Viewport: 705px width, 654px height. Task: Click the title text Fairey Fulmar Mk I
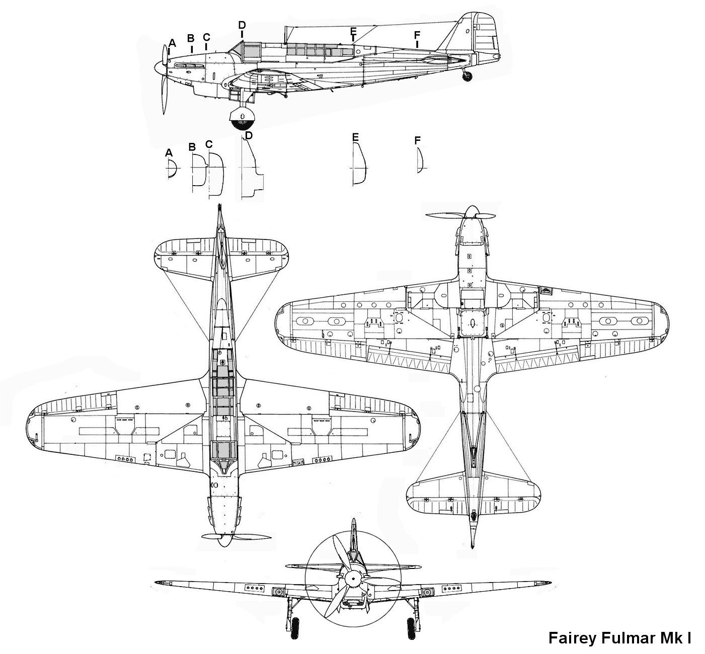(619, 638)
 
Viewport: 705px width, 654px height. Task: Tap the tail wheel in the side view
(468, 75)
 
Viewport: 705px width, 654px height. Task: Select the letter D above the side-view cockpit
(242, 25)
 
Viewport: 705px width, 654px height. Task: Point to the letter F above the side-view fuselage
(417, 35)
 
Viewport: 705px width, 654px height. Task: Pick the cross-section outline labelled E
(359, 163)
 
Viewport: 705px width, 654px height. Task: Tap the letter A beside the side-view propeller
(172, 43)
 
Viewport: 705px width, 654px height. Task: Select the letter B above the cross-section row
(192, 147)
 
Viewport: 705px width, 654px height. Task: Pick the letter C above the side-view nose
(206, 37)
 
